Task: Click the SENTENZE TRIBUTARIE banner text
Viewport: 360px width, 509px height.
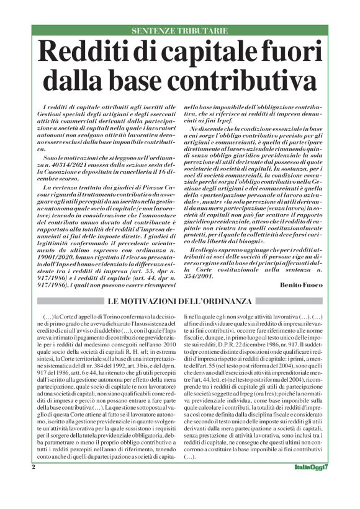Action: tap(180, 31)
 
